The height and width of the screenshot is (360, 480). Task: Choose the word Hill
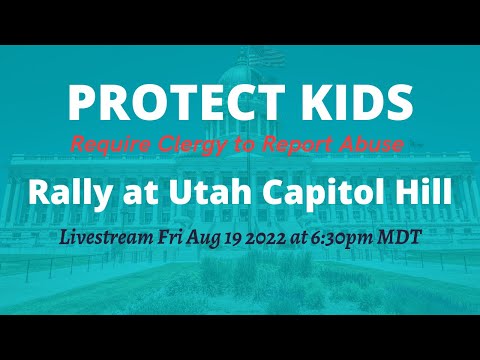pos(420,190)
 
